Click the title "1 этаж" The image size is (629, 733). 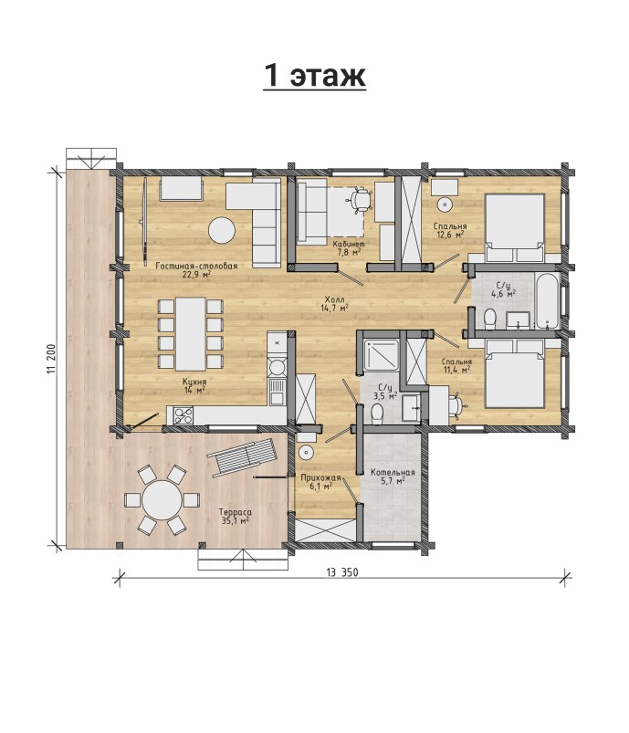pos(314,75)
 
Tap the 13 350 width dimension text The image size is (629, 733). pos(342,572)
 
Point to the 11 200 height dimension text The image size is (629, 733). pos(51,359)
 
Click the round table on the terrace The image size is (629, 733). pos(162,499)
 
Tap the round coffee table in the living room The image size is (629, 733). pos(222,230)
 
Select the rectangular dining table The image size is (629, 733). pos(190,334)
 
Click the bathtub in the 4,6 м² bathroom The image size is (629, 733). pos(547,300)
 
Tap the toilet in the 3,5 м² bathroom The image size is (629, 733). pos(377,413)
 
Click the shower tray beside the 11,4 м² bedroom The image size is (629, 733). pos(382,355)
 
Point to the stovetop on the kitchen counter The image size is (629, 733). pos(183,415)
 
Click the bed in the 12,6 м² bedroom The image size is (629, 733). pos(515,227)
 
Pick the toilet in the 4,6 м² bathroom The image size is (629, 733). pos(490,319)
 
